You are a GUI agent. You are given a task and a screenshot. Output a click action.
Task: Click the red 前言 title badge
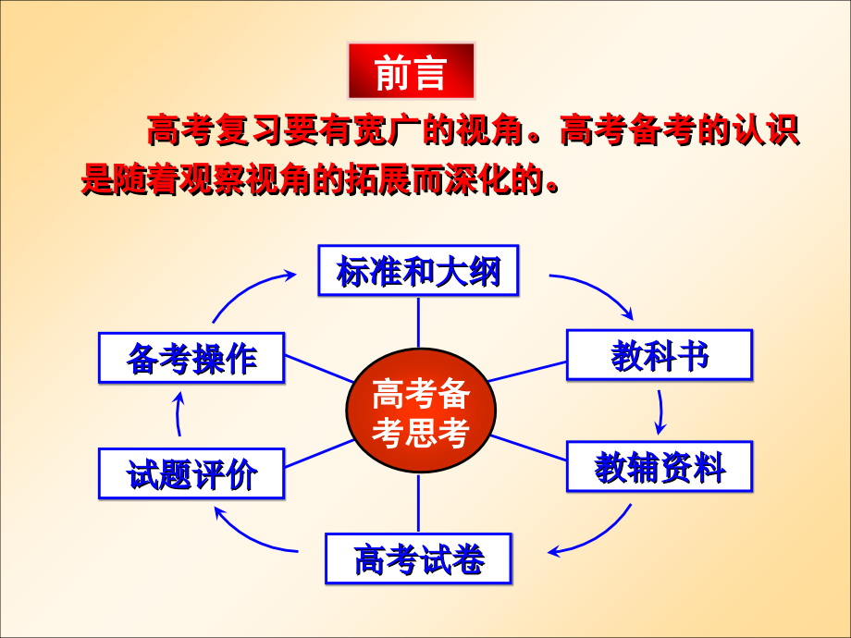click(411, 71)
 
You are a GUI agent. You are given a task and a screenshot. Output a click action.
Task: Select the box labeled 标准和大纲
click(418, 271)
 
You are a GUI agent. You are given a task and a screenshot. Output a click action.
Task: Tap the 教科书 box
click(660, 355)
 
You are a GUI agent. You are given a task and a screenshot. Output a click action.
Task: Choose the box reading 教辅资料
click(660, 467)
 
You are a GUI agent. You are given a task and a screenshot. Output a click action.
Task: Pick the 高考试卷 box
click(418, 558)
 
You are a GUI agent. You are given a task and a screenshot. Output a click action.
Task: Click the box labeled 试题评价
click(191, 473)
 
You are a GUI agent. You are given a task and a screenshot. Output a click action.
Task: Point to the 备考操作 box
click(191, 357)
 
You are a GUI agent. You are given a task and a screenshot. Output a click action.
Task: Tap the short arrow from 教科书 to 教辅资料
click(660, 411)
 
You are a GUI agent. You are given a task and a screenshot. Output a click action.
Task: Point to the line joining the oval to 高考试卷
click(418, 504)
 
